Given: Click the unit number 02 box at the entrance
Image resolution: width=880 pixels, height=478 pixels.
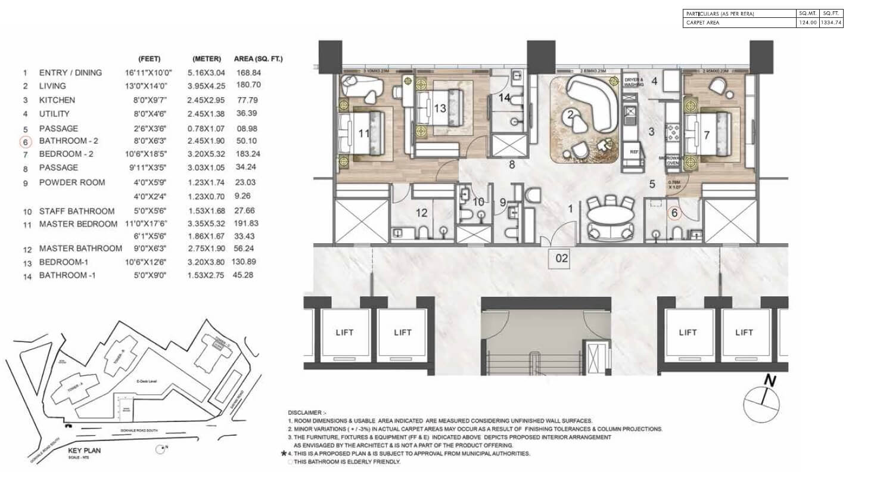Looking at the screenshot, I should click(x=562, y=259).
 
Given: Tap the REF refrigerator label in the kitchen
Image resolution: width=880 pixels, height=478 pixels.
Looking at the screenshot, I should click(x=634, y=151).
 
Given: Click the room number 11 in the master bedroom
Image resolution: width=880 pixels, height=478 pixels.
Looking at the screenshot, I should click(x=364, y=134).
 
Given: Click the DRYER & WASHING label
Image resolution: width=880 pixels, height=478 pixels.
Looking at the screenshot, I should click(x=635, y=82).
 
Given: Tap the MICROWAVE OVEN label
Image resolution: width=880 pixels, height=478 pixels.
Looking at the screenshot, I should click(x=672, y=161).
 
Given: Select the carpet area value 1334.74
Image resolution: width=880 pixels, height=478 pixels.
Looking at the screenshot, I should click(x=832, y=23).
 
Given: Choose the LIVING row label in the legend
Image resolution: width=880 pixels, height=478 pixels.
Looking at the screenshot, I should click(x=52, y=86).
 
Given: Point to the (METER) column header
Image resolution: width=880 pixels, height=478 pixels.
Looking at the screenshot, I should click(x=207, y=59).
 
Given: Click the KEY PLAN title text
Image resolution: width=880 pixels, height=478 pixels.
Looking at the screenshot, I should click(x=84, y=451).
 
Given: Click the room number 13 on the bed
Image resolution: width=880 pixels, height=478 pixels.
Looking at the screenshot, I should click(x=440, y=108).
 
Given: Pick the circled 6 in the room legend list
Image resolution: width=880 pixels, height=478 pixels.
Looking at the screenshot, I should click(x=25, y=142).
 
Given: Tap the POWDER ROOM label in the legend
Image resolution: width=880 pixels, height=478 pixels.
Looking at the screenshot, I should click(x=72, y=182).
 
